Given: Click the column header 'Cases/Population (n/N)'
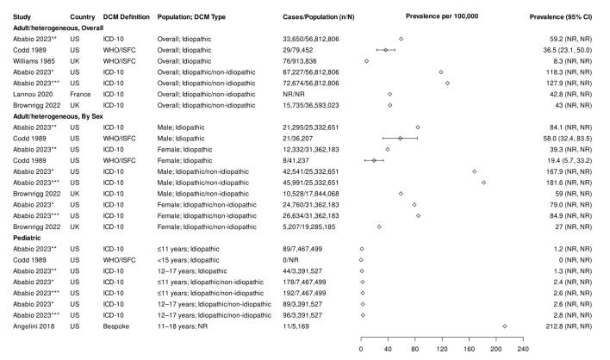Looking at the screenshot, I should (318, 18).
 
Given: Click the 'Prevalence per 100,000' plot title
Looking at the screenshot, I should (442, 18).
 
